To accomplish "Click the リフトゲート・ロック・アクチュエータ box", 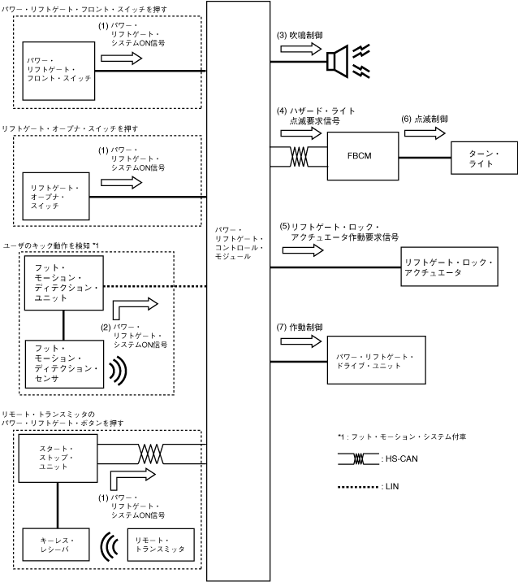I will tap(449, 267).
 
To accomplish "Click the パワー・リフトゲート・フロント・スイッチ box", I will tap(58, 70).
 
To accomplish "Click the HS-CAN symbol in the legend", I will tap(358, 458).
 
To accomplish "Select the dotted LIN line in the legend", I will tap(358, 487).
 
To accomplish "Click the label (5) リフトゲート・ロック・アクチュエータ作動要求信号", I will tap(339, 231).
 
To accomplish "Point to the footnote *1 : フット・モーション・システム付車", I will tap(390, 436).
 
